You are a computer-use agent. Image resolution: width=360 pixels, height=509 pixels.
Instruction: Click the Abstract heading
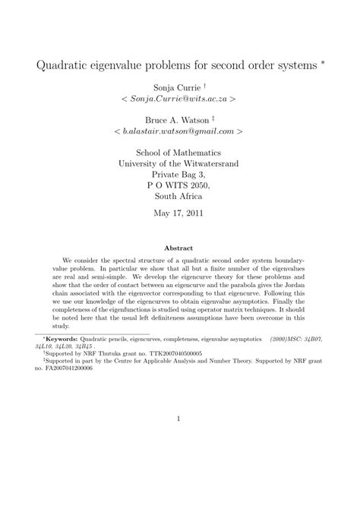[179, 248]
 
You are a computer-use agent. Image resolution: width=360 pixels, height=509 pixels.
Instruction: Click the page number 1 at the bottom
[178, 418]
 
